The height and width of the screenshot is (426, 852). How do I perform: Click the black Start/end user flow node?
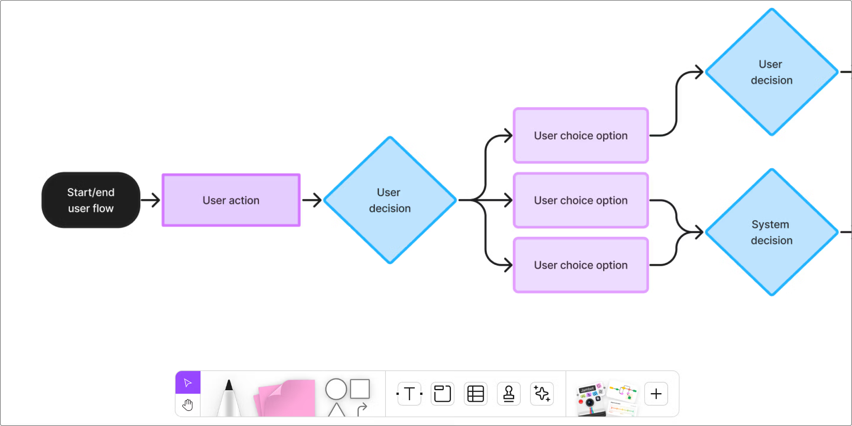pyautogui.click(x=91, y=200)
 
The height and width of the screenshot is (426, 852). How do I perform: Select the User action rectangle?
pyautogui.click(x=231, y=200)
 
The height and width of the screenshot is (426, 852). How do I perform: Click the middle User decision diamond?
pyautogui.click(x=390, y=200)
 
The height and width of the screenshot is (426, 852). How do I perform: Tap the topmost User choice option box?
pyautogui.click(x=581, y=136)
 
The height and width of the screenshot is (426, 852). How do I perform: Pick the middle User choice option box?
pyautogui.click(x=581, y=200)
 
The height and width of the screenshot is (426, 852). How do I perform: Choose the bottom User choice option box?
pyautogui.click(x=581, y=265)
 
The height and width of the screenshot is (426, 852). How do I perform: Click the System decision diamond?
pyautogui.click(x=771, y=232)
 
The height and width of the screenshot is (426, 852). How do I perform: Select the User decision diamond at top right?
pyautogui.click(x=771, y=72)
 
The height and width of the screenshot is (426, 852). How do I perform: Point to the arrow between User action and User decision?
pyautogui.click(x=312, y=200)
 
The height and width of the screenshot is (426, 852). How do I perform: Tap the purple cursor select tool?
pyautogui.click(x=188, y=382)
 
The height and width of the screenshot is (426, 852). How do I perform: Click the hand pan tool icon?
pyautogui.click(x=188, y=404)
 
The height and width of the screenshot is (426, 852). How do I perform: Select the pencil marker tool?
pyautogui.click(x=229, y=399)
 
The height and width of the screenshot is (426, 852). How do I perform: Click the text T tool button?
pyautogui.click(x=409, y=394)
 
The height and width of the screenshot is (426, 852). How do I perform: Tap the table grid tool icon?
pyautogui.click(x=476, y=394)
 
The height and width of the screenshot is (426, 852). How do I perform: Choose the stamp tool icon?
pyautogui.click(x=508, y=394)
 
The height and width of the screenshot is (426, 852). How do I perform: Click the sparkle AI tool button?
pyautogui.click(x=542, y=394)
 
